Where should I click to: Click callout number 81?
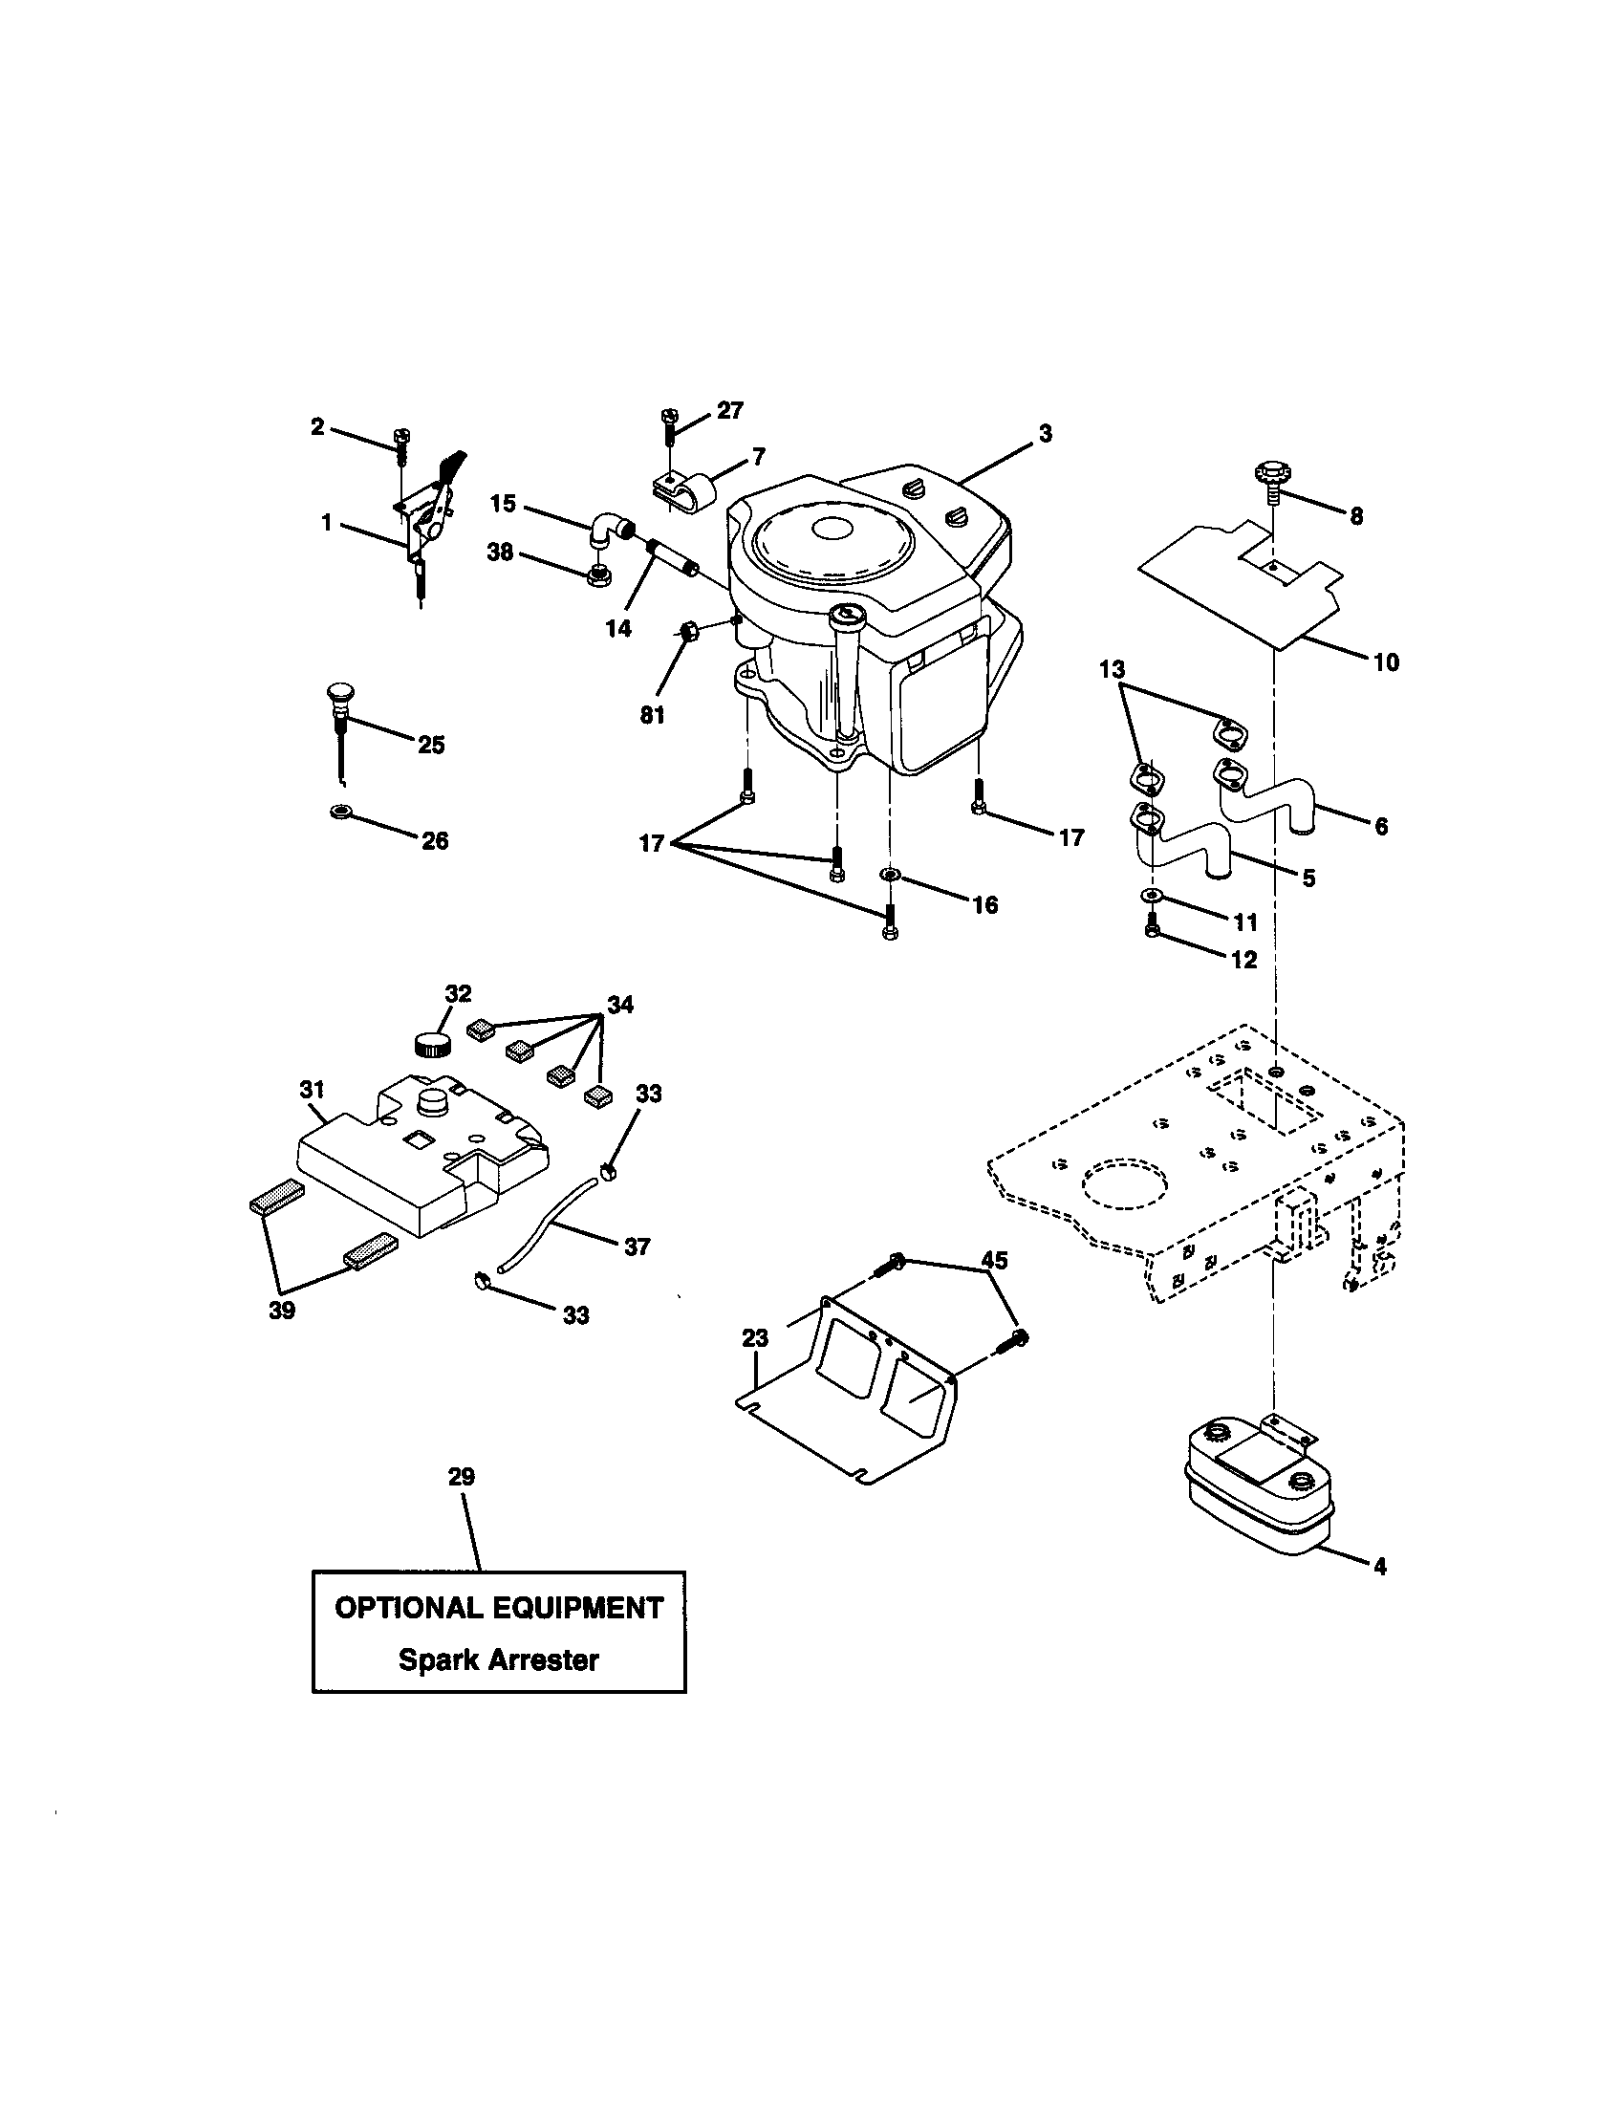point(652,715)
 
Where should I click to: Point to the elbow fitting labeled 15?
point(609,531)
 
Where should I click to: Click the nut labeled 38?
point(597,576)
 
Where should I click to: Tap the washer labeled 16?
point(890,875)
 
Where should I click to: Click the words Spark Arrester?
point(499,1659)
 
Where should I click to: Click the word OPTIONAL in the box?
point(408,1608)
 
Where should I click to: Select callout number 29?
point(461,1477)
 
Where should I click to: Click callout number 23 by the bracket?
point(755,1338)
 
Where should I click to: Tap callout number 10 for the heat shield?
point(1385,662)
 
